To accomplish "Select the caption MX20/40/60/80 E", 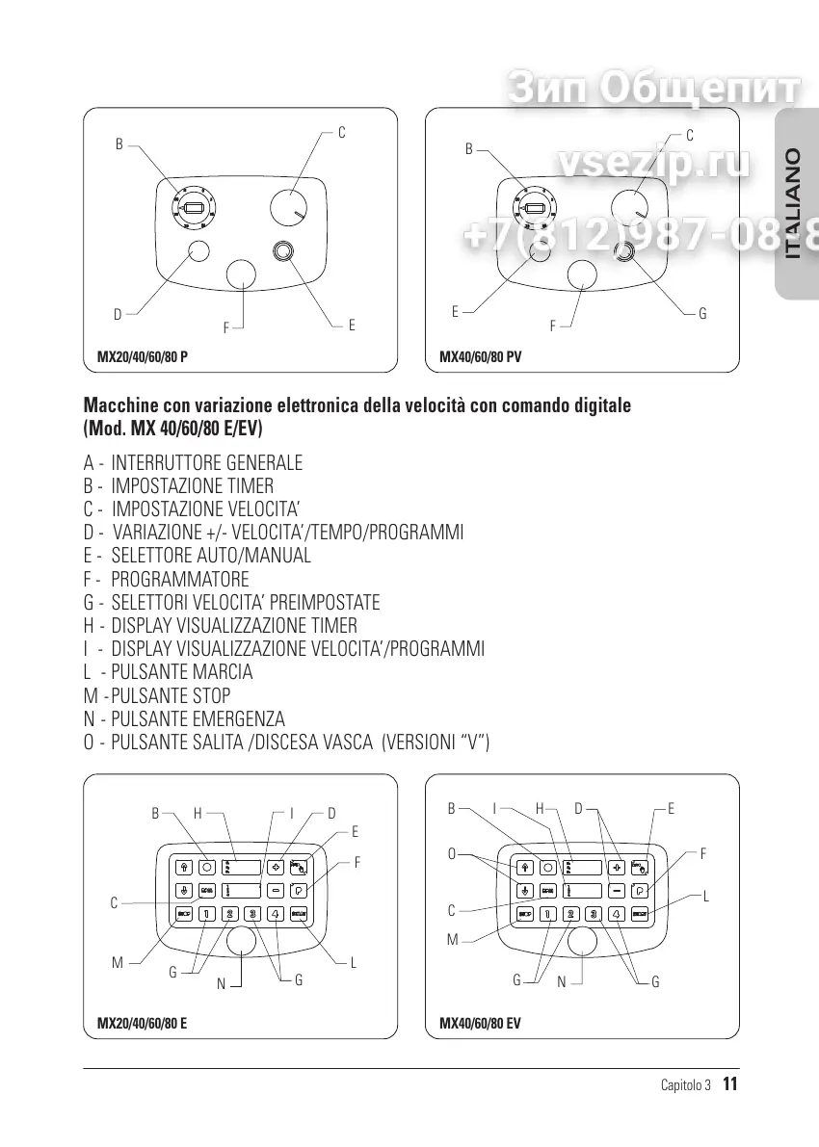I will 143,1024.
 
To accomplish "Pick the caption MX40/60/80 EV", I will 480,1024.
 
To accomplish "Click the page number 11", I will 729,1084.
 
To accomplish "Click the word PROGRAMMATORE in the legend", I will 180,579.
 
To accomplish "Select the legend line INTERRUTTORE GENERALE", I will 207,462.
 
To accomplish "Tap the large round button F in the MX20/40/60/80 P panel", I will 242,274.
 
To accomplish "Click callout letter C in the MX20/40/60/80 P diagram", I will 341,132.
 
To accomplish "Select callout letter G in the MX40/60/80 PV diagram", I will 702,314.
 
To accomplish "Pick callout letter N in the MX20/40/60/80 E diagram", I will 221,984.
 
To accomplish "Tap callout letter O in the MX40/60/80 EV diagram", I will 451,854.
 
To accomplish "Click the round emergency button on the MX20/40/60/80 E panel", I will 241,942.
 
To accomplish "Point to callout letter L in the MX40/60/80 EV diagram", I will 706,897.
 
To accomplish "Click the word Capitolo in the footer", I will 685,1085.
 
